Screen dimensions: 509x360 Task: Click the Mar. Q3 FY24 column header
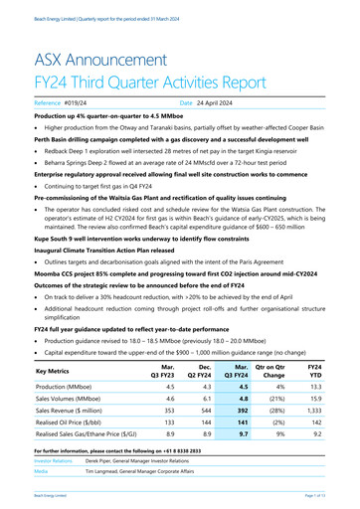point(235,369)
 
